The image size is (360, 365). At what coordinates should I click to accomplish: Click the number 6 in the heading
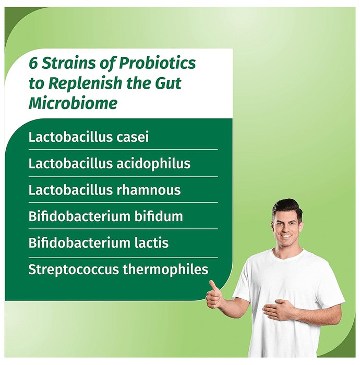tap(33, 63)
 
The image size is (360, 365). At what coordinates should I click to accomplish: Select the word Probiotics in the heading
tap(158, 63)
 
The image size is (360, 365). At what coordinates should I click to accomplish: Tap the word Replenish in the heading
tap(85, 83)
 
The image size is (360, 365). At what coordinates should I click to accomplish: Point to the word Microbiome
tap(73, 103)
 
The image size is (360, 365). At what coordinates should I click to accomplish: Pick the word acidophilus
tap(153, 163)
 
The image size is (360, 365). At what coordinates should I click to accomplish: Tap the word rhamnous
tap(148, 190)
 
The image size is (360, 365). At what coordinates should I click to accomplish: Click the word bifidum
tap(159, 216)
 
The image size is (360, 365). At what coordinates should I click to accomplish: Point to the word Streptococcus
tap(74, 270)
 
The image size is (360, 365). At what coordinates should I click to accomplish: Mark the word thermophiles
tap(165, 270)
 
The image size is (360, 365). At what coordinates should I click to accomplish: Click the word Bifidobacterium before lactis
tap(79, 243)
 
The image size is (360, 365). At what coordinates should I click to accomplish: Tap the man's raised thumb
tap(212, 285)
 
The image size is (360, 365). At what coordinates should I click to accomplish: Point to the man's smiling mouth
tap(286, 236)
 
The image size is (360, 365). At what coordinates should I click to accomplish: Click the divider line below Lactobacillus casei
tap(123, 150)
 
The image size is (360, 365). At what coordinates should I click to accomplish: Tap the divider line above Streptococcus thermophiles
tap(123, 258)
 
